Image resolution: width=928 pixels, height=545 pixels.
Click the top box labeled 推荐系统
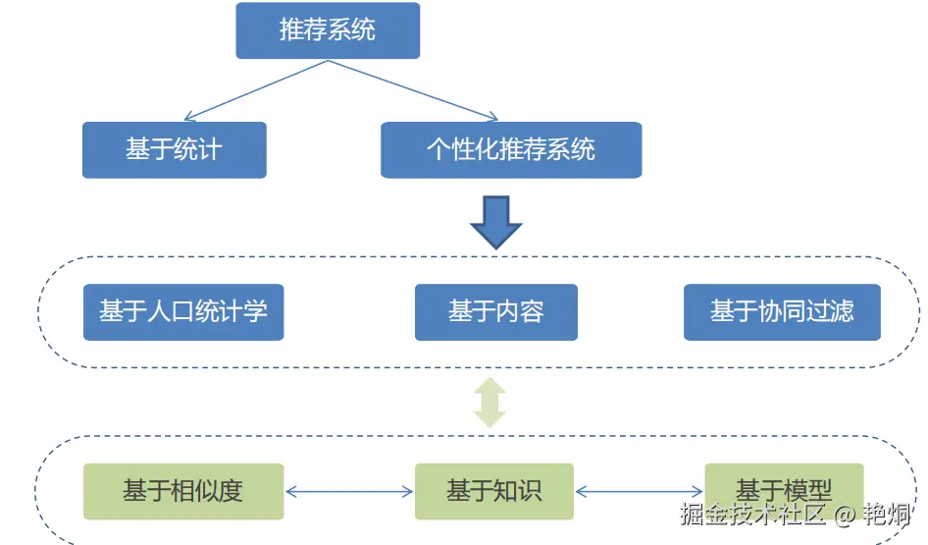point(328,30)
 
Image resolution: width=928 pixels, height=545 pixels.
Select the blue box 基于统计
point(174,150)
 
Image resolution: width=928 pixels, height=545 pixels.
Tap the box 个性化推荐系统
point(511,150)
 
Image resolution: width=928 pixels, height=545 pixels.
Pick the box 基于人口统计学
point(183,312)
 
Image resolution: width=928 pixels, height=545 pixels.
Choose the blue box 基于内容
point(495,312)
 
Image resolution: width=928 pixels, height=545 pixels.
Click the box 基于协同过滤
point(782,312)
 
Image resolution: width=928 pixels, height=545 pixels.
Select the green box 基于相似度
point(183,491)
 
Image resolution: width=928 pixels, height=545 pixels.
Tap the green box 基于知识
point(493,491)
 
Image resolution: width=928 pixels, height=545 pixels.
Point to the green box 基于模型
point(784,489)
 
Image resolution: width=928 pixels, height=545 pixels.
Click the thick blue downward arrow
point(495,221)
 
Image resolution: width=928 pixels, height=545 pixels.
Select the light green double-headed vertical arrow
point(490,403)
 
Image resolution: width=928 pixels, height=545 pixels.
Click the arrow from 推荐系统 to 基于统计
point(255,90)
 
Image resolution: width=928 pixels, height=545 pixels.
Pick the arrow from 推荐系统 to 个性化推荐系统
point(412,90)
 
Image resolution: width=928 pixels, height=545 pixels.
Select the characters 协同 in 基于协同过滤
point(782,312)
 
